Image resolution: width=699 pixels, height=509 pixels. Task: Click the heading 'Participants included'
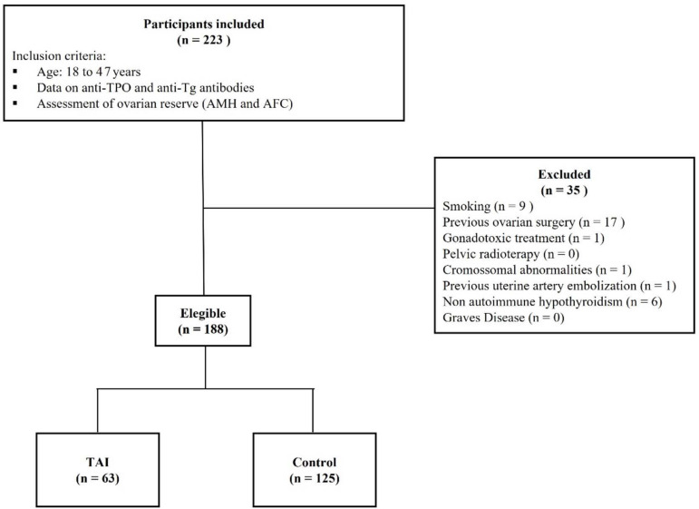coord(204,24)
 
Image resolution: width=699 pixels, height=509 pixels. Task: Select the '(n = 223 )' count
coord(204,40)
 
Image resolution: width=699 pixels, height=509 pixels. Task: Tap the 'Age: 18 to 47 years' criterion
coord(89,72)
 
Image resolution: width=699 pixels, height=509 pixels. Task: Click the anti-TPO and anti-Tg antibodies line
coord(145,88)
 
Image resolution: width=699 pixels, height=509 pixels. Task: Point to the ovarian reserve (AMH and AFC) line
coord(165,103)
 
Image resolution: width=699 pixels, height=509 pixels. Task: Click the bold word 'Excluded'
coord(564,174)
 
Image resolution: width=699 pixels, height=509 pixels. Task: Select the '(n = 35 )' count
coord(564,191)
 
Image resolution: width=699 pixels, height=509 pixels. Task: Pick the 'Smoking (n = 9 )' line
coord(488,206)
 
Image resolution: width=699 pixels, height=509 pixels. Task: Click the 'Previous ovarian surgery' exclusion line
coord(534,222)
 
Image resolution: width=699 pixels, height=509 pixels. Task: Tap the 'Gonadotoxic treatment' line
coord(523,239)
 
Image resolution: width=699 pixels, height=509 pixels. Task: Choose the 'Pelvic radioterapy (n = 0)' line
coord(510,254)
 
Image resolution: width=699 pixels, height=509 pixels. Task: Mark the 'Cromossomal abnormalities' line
coord(538,269)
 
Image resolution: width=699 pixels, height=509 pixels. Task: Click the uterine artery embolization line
coord(559,286)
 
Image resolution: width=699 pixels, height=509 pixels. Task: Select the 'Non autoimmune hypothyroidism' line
coord(552,302)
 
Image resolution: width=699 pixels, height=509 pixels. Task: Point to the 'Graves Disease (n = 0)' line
coord(503,318)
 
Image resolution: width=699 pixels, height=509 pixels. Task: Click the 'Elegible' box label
coord(203,314)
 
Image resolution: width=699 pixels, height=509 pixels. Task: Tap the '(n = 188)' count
coord(203,329)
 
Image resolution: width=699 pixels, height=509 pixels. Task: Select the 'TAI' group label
coord(98,462)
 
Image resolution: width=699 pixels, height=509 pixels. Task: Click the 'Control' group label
coord(315,462)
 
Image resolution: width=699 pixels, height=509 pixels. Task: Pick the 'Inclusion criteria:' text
coord(59,56)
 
